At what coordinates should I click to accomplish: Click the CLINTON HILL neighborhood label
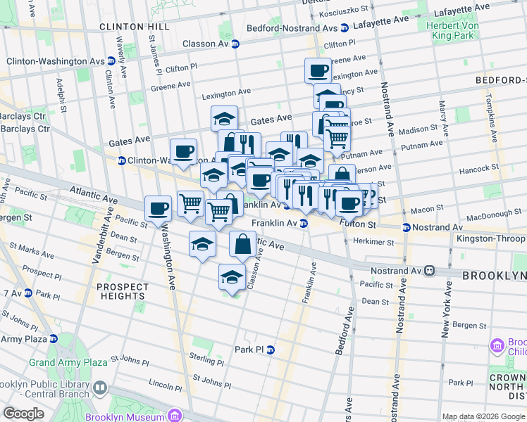click(134, 26)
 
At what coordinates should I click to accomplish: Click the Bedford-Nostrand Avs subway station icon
click(344, 28)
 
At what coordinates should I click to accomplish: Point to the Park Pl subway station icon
click(270, 350)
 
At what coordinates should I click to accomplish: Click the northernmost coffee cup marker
click(318, 70)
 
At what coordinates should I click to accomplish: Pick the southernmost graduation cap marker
click(231, 276)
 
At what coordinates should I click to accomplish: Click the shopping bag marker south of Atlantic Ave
click(242, 244)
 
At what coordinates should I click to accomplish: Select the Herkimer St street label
click(374, 242)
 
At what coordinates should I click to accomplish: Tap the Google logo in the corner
click(23, 414)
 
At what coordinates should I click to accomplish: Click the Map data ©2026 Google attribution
click(483, 416)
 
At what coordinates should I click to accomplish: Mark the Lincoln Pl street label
click(166, 385)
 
